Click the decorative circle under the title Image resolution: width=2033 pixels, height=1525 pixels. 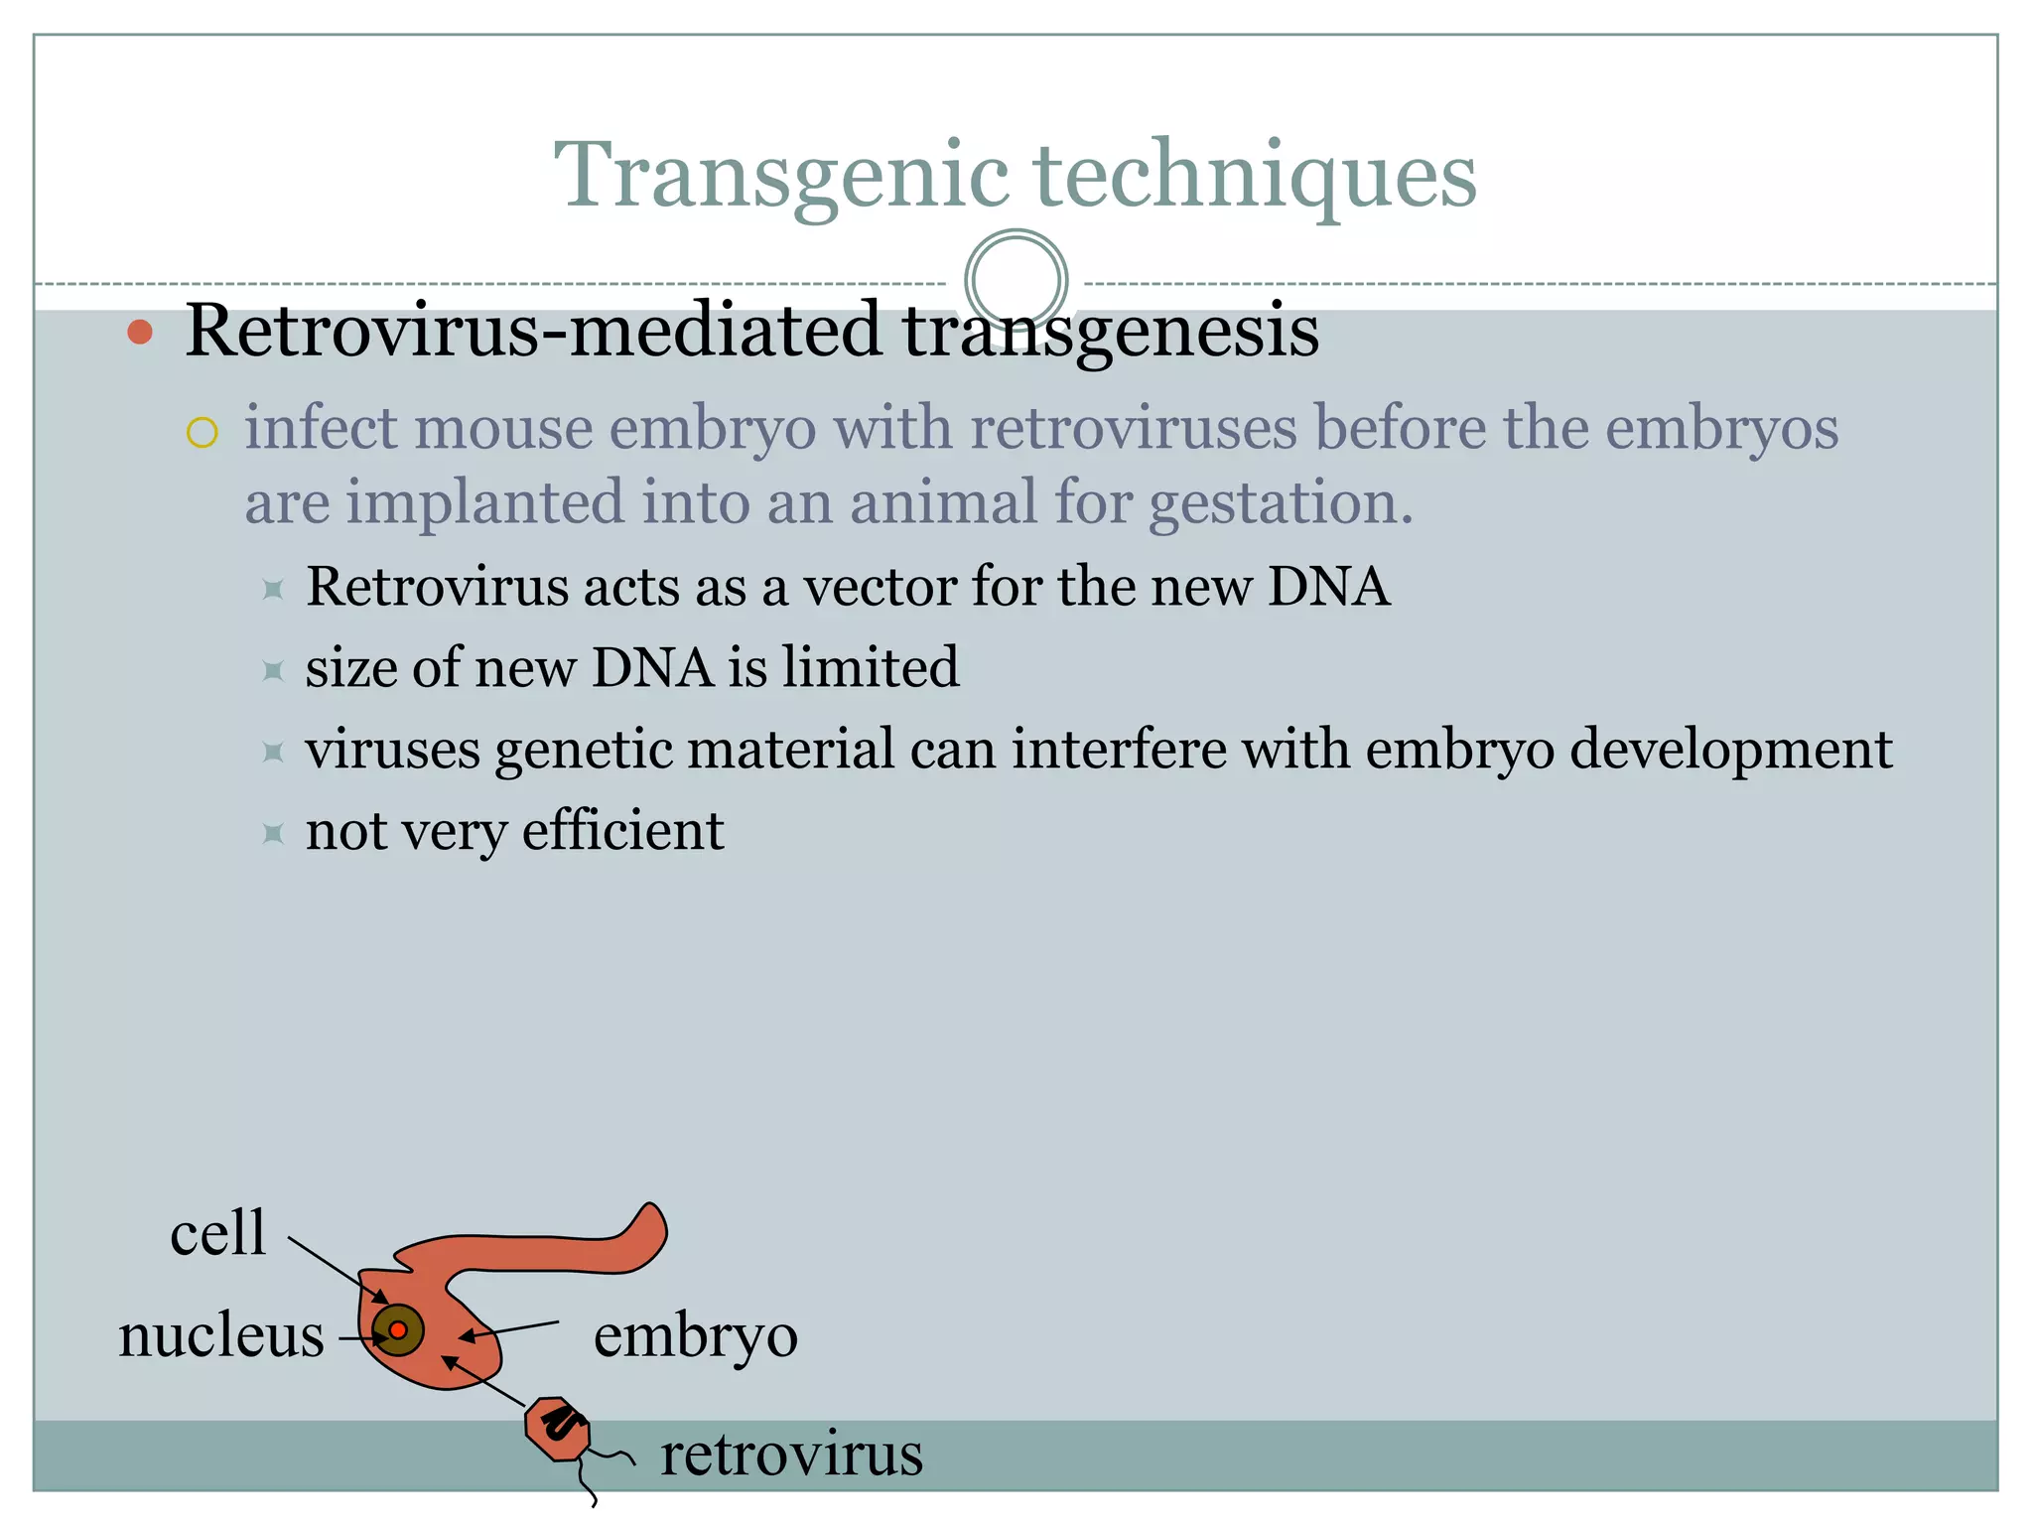pos(1016,280)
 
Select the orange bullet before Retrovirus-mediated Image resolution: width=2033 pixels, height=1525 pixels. pos(140,332)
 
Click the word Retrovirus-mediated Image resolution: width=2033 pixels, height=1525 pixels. pos(533,331)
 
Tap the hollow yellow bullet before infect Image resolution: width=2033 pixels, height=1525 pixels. pos(202,433)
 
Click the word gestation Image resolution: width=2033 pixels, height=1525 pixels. pos(1281,502)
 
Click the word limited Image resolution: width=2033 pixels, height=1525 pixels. pos(870,667)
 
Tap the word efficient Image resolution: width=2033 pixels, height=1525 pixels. pos(622,831)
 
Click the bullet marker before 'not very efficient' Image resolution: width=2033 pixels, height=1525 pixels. pos(273,832)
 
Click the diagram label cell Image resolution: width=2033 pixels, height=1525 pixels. pos(217,1233)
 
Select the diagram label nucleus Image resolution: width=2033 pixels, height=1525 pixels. pos(221,1335)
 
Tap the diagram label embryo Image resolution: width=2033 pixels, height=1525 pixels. pos(695,1335)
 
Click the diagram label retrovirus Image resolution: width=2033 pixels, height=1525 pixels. pos(791,1455)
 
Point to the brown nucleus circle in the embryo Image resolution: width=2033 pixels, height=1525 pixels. pos(398,1330)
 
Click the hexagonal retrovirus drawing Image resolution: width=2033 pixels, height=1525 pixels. pos(558,1429)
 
